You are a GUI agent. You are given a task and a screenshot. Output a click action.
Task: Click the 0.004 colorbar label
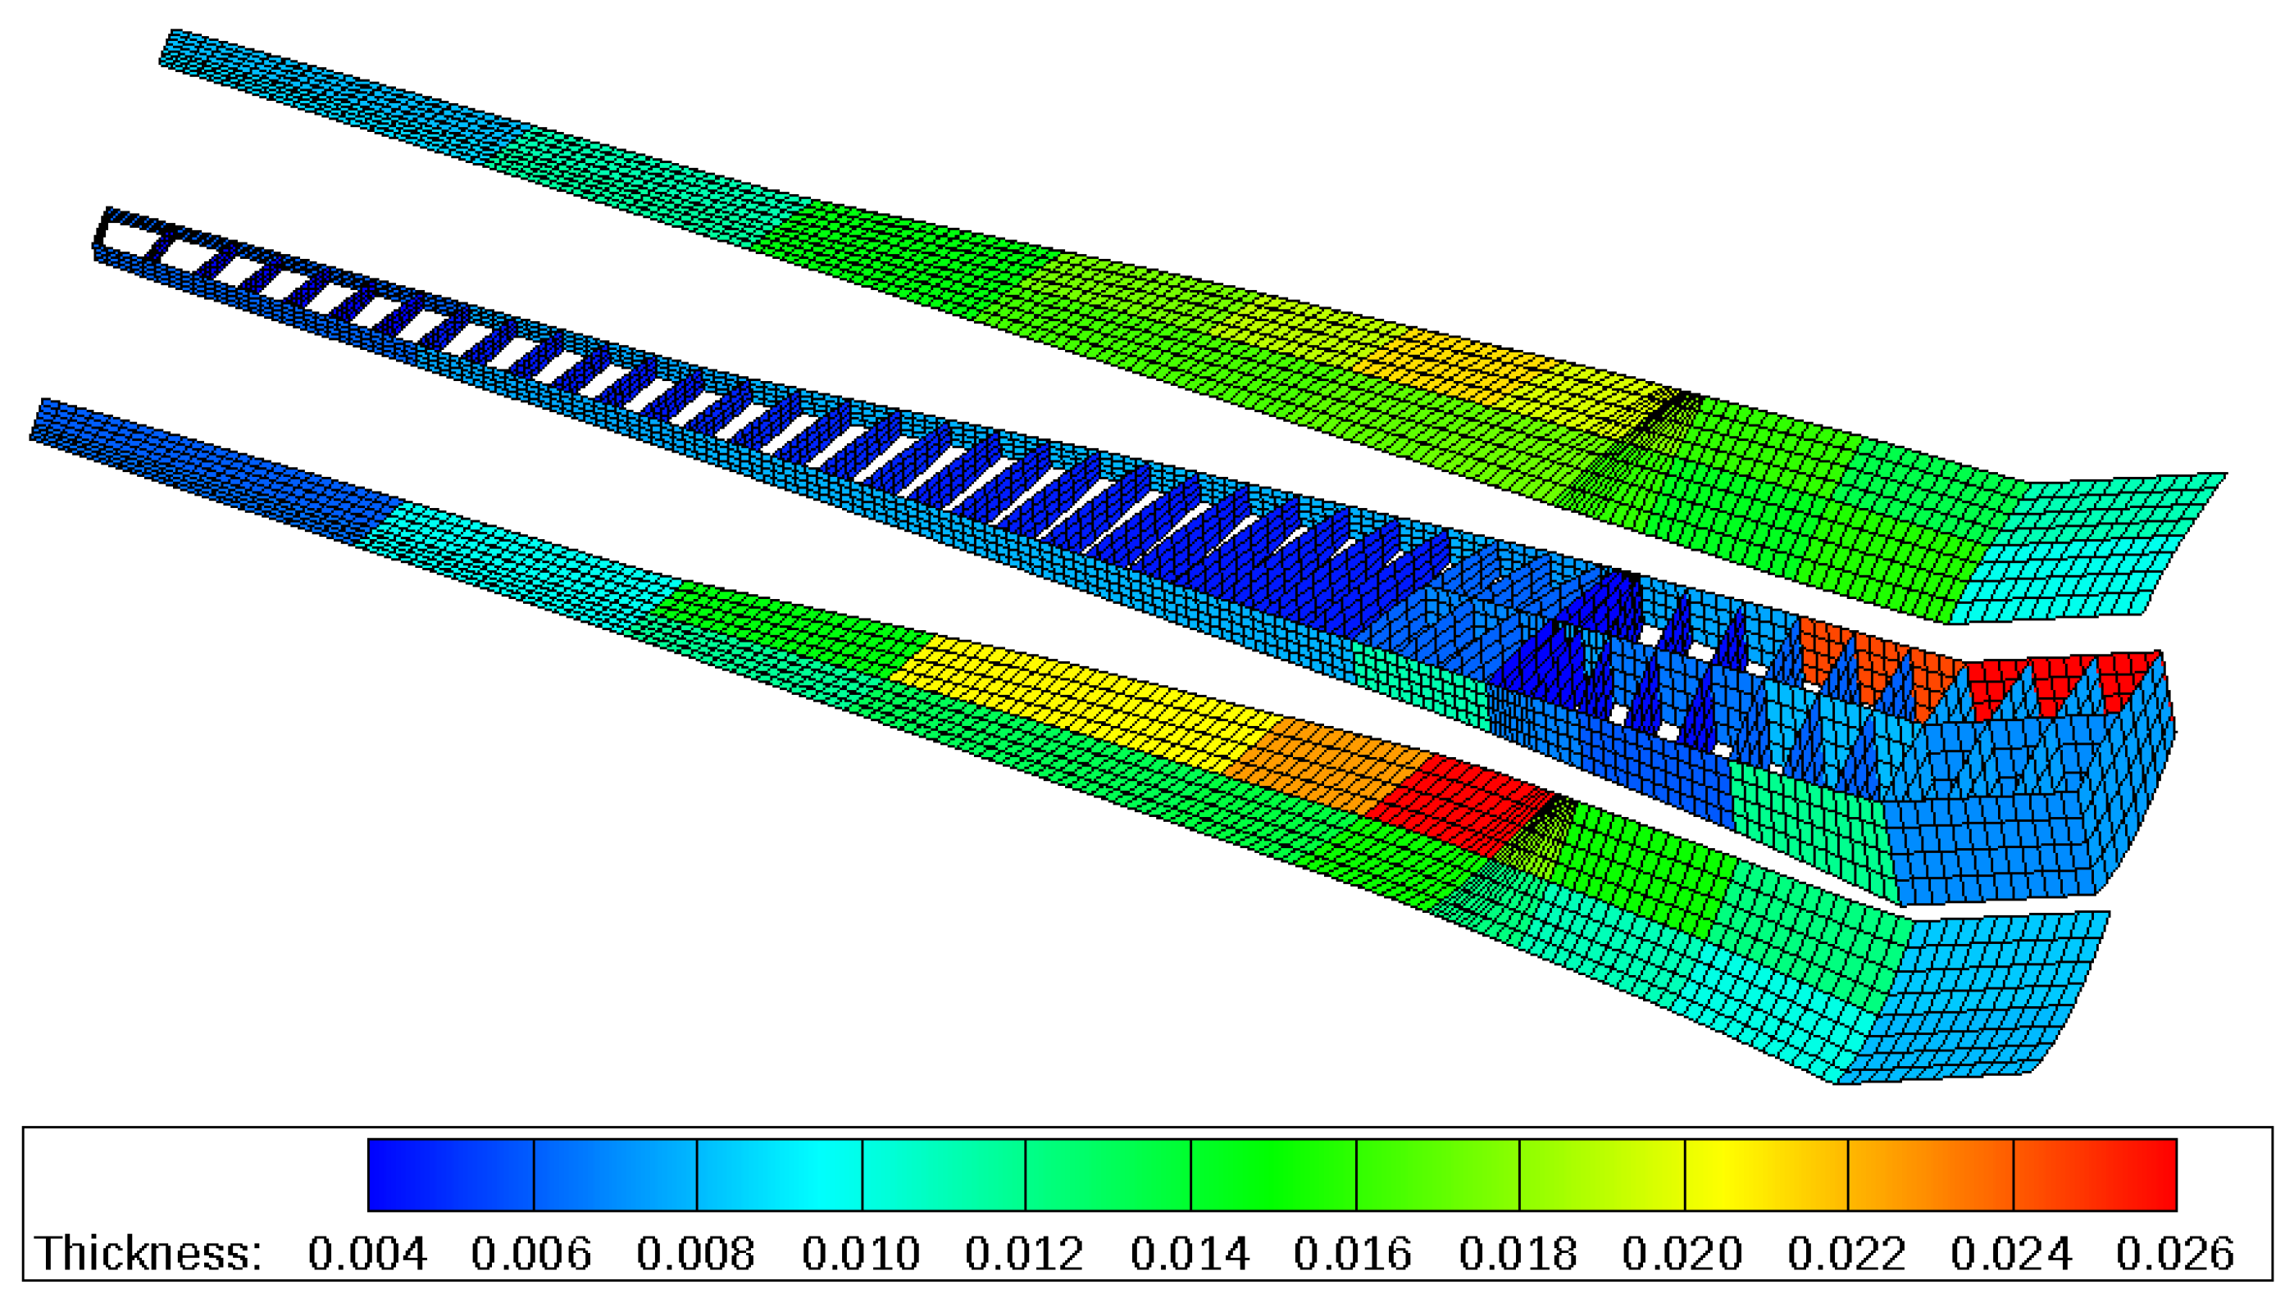[366, 1253]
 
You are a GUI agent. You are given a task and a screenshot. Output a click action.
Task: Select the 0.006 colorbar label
[531, 1253]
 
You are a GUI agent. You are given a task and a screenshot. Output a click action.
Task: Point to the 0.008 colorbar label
[696, 1253]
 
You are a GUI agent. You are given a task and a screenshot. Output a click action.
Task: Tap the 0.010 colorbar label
[861, 1253]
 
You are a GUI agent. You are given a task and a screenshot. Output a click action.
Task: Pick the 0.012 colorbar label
[1025, 1253]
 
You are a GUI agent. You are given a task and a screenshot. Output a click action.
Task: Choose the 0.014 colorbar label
[1190, 1253]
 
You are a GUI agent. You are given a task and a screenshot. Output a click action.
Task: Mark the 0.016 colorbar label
[1353, 1253]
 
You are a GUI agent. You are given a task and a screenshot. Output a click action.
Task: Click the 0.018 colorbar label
[1518, 1253]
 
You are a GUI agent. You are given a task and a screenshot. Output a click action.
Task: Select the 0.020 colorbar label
[1682, 1253]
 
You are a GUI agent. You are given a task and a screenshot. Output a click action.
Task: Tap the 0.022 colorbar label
[1847, 1253]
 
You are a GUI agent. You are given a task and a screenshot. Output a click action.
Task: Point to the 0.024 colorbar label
[2011, 1253]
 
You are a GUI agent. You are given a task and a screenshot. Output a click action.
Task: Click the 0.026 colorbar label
[2175, 1253]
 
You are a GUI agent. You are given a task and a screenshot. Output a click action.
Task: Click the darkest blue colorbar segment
[451, 1174]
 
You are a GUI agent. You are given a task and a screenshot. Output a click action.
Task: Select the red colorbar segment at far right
[2096, 1174]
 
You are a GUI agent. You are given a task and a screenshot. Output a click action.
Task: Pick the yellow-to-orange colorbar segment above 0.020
[1766, 1174]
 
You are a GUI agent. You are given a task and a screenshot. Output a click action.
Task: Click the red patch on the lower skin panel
[1463, 799]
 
